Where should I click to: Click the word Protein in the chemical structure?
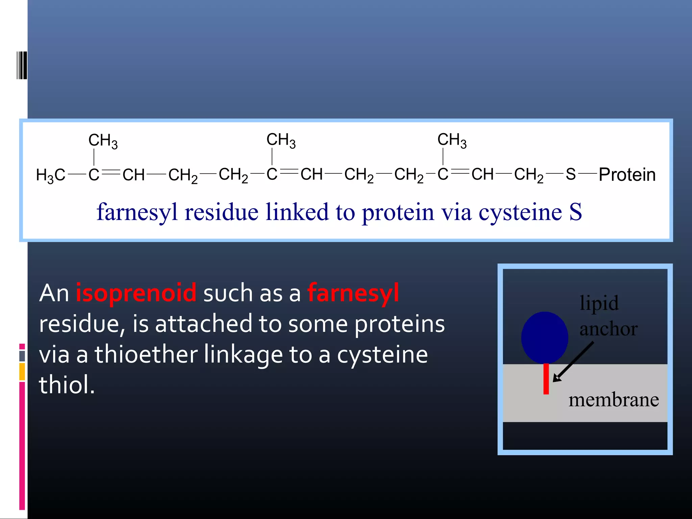point(627,175)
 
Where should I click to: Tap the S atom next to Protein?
point(571,174)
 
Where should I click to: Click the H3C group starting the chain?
point(51,175)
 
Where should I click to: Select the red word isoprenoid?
point(136,293)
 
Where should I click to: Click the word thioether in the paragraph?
point(146,354)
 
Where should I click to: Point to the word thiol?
point(67,385)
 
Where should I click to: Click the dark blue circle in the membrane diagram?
point(544,337)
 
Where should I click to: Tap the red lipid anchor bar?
point(546,379)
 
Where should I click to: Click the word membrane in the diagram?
point(613,400)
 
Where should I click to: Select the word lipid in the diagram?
point(599,303)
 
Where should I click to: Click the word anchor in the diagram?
point(609,329)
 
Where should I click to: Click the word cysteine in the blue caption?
point(520,212)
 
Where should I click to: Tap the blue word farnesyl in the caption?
point(137,212)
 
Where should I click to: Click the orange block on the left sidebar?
point(22,371)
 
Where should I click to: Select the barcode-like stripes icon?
point(22,65)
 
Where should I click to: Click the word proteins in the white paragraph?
point(399,324)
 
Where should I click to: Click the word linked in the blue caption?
point(297,212)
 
